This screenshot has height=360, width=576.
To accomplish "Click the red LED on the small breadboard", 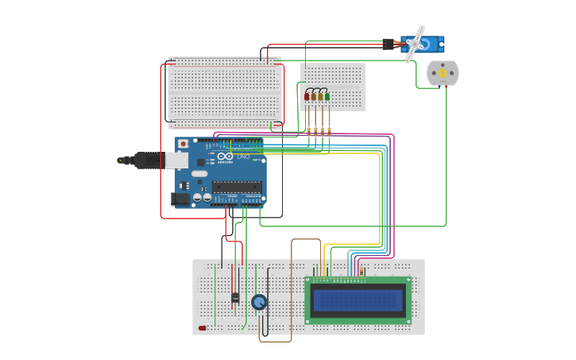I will pos(307,96).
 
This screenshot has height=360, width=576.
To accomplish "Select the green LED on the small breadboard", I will pos(327,96).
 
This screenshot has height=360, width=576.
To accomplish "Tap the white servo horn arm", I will pos(414,45).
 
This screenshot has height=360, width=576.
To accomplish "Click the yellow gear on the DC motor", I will pos(443,73).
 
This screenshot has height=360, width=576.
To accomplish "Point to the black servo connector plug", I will pos(388,45).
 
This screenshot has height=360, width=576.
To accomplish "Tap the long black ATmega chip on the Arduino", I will pos(236,188).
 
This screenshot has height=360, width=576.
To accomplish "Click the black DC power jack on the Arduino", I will pos(180,199).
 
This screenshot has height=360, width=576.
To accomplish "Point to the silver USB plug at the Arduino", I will pos(176,161).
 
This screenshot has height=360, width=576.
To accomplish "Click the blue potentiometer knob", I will pos(259,302).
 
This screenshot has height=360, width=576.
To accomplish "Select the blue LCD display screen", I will pos(358,300).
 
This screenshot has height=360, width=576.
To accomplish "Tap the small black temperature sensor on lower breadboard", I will pos(235,298).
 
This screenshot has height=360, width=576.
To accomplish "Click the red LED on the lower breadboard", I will pos(203,327).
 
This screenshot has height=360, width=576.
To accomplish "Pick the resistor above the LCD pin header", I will pos(362,271).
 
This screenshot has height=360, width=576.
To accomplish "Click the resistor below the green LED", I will pos(329,130).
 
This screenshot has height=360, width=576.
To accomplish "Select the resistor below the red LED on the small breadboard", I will pos(308,130).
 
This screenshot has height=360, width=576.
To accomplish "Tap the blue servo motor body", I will pos(429,42).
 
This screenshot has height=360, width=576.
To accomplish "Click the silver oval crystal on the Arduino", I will pos(199,173).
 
